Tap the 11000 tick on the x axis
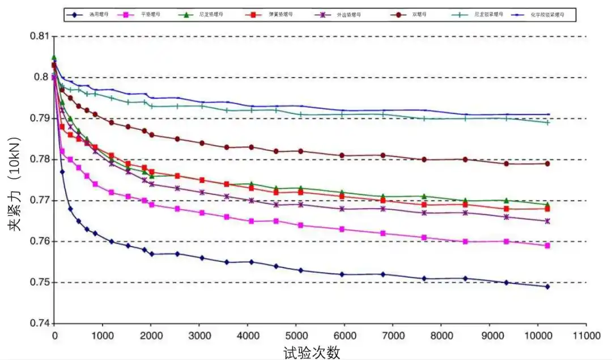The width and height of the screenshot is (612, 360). tap(586, 336)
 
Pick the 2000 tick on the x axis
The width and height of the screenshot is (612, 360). tap(151, 336)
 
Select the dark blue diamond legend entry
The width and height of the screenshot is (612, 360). tap(85, 13)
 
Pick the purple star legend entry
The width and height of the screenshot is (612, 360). tap(334, 13)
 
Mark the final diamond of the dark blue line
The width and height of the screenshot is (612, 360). tap(547, 287)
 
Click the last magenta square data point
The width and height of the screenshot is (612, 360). tap(547, 245)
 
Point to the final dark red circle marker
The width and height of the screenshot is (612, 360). tap(547, 163)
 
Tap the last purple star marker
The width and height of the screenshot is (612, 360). tap(547, 221)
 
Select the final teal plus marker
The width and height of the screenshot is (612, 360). tap(547, 122)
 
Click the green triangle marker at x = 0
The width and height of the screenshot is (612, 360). tap(54, 57)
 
